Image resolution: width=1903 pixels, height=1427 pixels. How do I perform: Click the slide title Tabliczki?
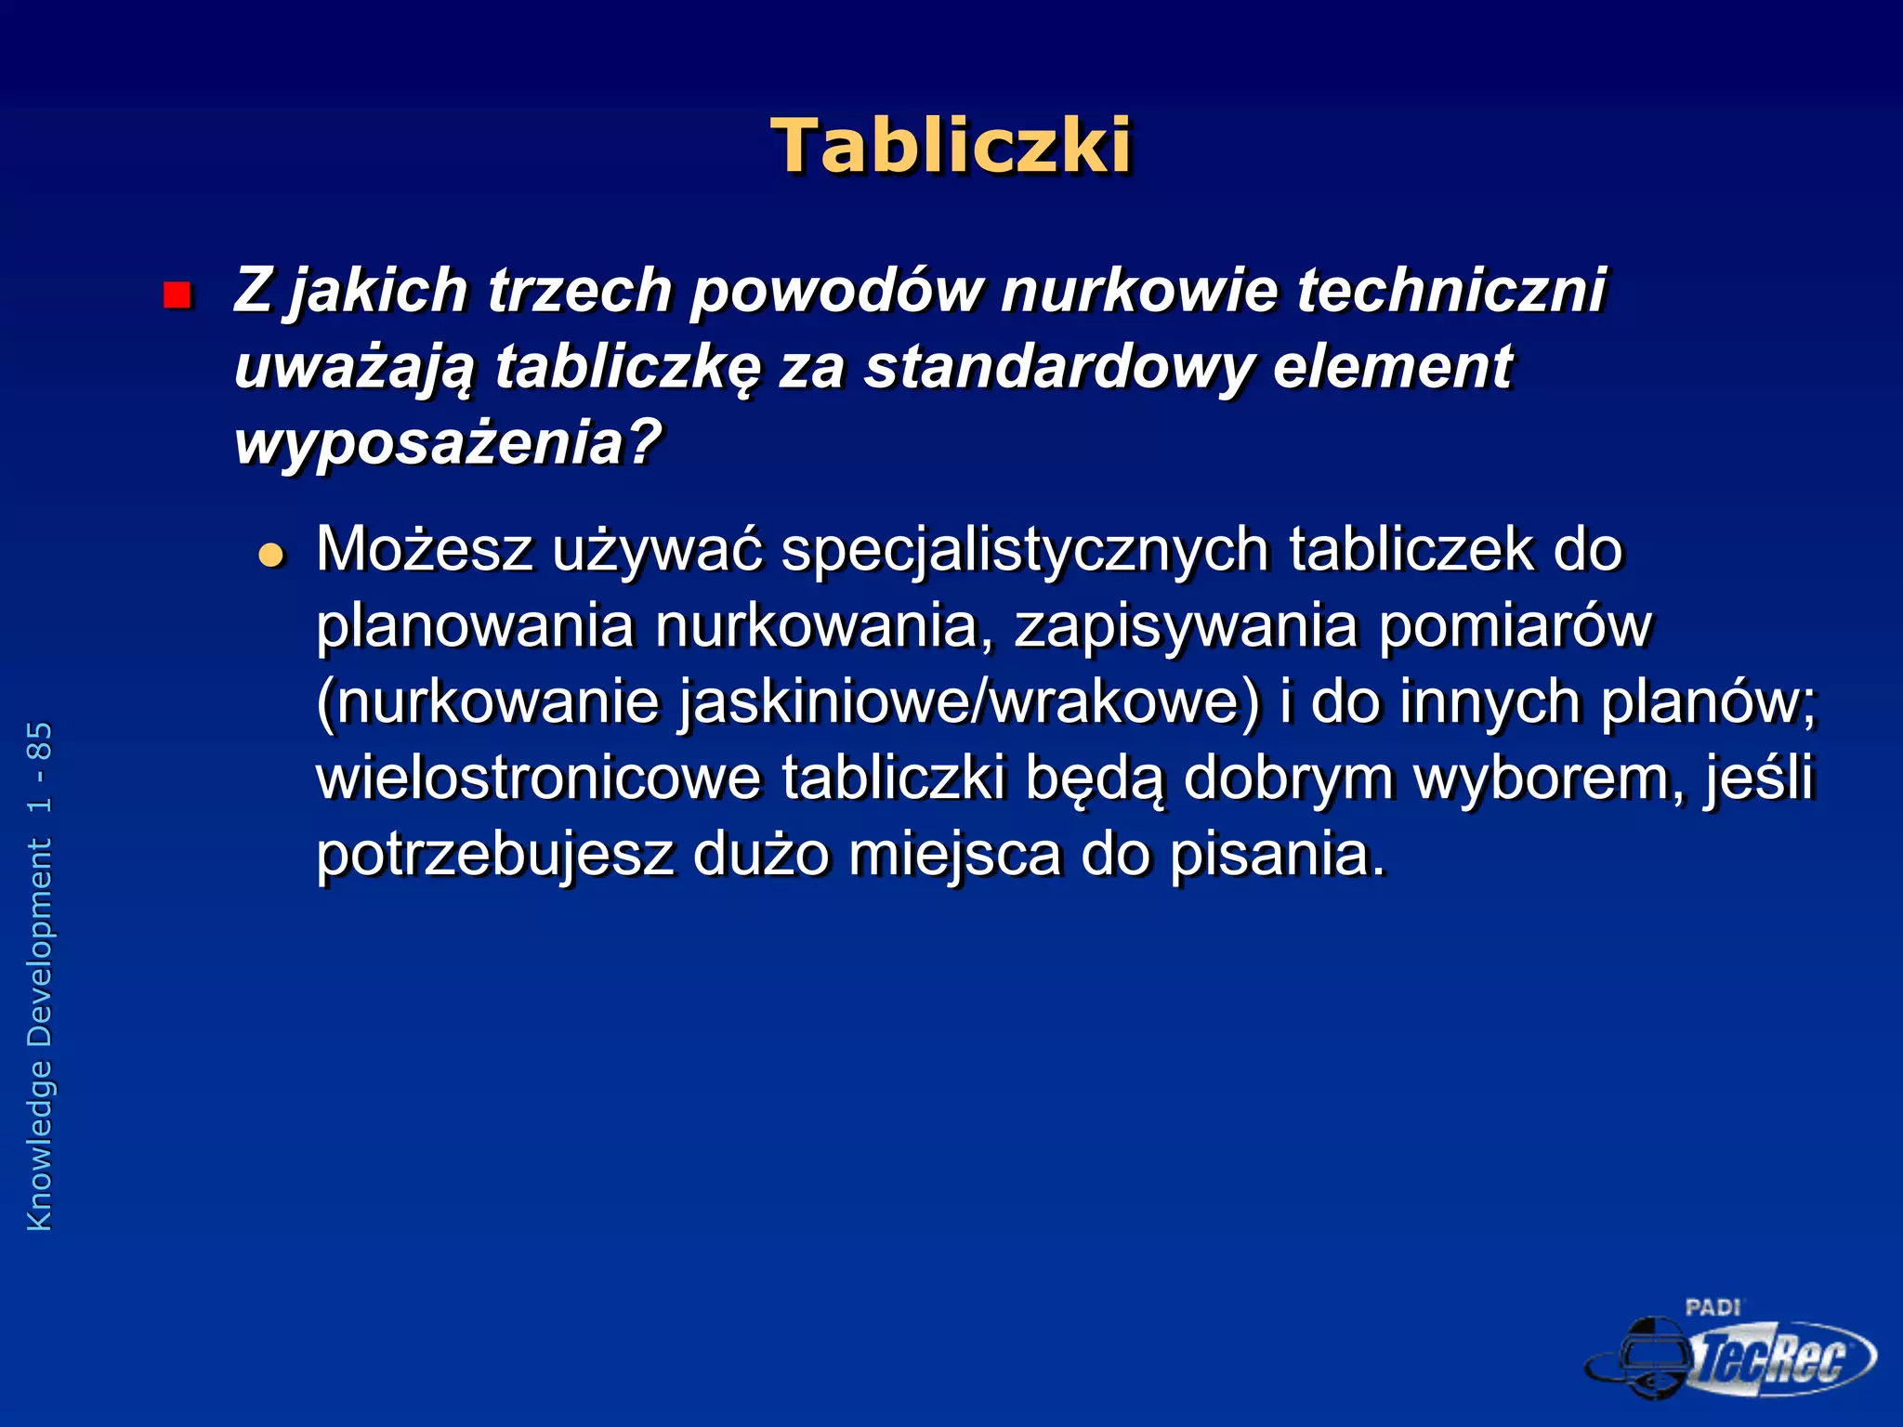click(x=951, y=146)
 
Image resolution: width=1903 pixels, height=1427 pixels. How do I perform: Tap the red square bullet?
click(x=177, y=295)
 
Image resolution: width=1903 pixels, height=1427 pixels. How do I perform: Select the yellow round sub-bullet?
click(x=271, y=556)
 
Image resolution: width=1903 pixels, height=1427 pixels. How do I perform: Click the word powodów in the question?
click(x=835, y=290)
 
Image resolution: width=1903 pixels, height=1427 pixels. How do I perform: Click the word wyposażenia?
click(x=447, y=443)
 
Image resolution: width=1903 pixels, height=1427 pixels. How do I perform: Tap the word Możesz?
click(x=424, y=549)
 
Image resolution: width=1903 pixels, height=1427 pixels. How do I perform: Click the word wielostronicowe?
click(x=538, y=778)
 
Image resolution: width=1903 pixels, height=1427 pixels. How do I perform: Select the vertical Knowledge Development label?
click(x=40, y=1035)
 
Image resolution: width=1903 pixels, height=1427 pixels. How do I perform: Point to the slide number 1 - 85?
click(x=40, y=767)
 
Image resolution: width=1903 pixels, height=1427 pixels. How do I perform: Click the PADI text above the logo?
click(x=1713, y=1308)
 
